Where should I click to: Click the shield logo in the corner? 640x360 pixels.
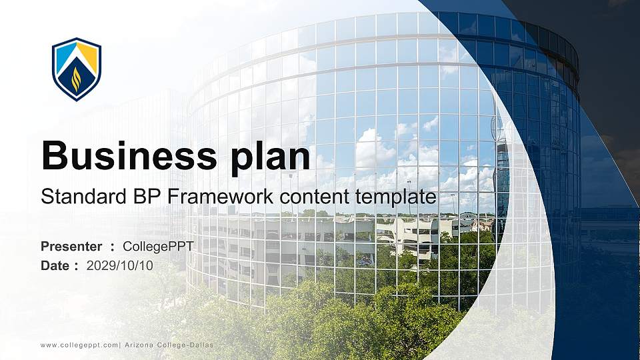[x=77, y=69]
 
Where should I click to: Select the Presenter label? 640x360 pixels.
[x=71, y=247]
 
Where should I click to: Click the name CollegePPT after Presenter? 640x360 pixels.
[x=159, y=247]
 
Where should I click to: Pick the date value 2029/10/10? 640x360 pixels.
[x=120, y=265]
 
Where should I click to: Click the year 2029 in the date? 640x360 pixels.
[x=99, y=265]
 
